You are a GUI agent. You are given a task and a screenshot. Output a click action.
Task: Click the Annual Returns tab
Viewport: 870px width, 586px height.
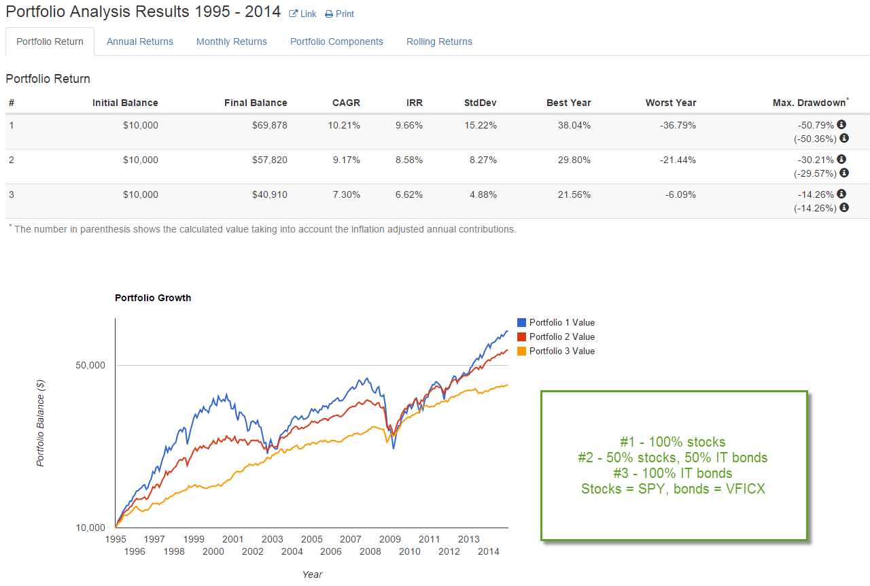pyautogui.click(x=140, y=41)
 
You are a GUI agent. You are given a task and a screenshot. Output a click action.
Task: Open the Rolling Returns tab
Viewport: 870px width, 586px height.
pyautogui.click(x=439, y=41)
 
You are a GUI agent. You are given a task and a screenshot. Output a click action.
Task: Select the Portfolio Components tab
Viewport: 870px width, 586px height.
pyautogui.click(x=336, y=41)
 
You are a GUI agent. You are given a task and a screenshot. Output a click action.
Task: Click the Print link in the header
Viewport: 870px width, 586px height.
pyautogui.click(x=340, y=14)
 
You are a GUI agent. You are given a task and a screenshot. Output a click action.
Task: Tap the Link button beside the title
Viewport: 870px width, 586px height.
pyautogui.click(x=303, y=14)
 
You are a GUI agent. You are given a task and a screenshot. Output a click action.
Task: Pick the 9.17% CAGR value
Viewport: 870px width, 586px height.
pyautogui.click(x=345, y=160)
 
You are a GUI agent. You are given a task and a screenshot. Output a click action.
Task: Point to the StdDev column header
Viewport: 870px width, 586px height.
pyautogui.click(x=481, y=103)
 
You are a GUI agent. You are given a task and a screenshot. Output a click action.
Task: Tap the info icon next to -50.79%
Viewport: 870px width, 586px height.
pyautogui.click(x=841, y=124)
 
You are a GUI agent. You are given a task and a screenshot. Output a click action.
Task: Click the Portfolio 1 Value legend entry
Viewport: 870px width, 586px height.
pyautogui.click(x=561, y=323)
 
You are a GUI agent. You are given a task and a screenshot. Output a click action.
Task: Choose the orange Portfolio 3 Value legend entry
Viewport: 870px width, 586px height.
pyautogui.click(x=561, y=351)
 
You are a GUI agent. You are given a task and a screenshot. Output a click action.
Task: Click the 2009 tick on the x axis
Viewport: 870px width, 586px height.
pyautogui.click(x=389, y=539)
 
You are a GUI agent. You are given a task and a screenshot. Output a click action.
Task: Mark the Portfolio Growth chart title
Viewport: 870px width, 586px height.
pyautogui.click(x=153, y=298)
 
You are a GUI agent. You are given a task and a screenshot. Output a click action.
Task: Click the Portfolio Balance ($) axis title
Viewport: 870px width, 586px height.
pyautogui.click(x=40, y=422)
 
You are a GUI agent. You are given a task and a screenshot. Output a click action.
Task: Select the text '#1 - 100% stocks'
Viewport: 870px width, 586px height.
pyautogui.click(x=673, y=442)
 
